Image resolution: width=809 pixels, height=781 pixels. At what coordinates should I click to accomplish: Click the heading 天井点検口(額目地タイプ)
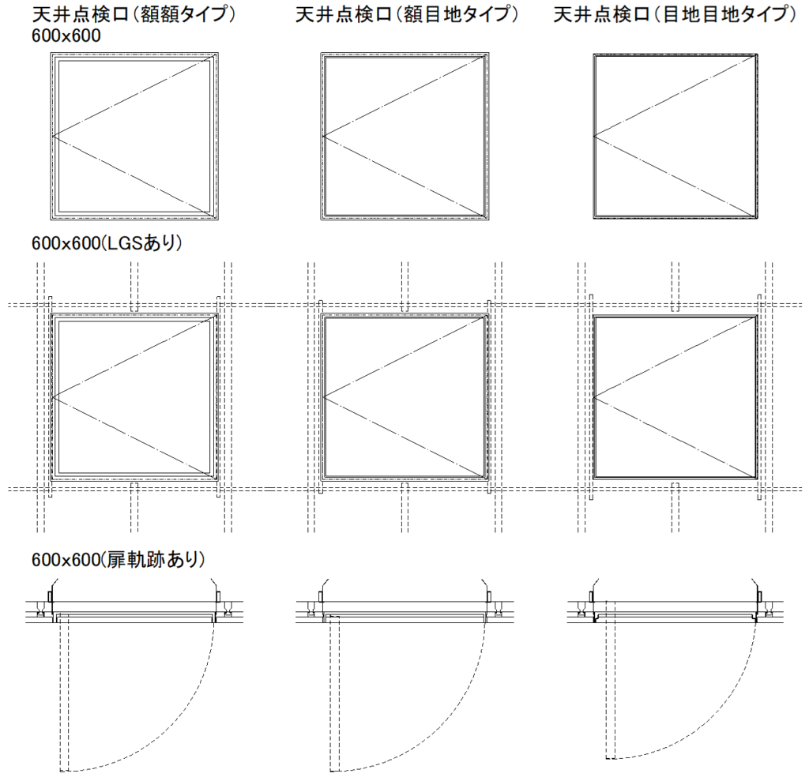(406, 15)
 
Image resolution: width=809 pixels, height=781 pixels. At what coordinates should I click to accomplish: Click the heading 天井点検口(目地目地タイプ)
(674, 15)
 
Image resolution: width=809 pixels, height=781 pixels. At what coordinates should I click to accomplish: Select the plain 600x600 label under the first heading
(66, 37)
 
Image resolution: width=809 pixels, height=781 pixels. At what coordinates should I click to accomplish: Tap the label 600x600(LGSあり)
(107, 243)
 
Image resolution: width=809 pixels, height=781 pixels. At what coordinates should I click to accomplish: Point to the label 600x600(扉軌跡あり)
(119, 559)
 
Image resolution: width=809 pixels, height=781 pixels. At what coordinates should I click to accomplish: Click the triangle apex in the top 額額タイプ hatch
(53, 136)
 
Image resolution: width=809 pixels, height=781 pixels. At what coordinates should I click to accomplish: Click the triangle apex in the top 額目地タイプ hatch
(324, 136)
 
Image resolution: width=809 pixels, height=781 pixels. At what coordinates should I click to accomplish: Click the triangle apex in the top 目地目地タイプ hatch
(594, 136)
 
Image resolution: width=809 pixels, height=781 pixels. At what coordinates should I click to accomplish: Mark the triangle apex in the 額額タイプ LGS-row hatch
(53, 396)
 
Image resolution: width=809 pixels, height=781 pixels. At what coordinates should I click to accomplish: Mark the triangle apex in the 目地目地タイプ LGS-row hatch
(594, 396)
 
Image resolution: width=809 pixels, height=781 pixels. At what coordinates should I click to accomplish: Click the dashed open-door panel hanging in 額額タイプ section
(64, 695)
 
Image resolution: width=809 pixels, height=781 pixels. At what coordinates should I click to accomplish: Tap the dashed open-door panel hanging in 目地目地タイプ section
(609, 687)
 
